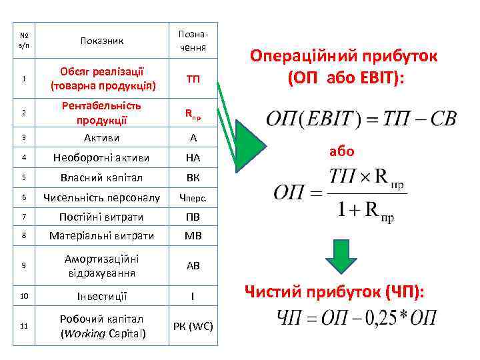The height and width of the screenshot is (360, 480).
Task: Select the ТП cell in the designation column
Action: click(x=193, y=79)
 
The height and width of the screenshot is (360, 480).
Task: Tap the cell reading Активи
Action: click(x=103, y=137)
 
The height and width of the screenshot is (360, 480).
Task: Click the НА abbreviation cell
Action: click(x=193, y=158)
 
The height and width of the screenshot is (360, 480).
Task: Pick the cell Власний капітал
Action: click(x=103, y=178)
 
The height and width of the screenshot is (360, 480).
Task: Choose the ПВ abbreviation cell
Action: click(x=193, y=217)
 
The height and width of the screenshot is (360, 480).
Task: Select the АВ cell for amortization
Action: click(x=193, y=265)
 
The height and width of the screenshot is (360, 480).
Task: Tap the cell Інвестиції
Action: click(x=103, y=296)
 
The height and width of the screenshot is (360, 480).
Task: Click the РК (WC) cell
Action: click(x=193, y=326)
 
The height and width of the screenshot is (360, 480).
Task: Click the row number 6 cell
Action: click(x=23, y=197)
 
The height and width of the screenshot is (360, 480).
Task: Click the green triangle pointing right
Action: click(x=250, y=143)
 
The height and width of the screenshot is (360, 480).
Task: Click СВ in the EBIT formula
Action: click(x=442, y=119)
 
